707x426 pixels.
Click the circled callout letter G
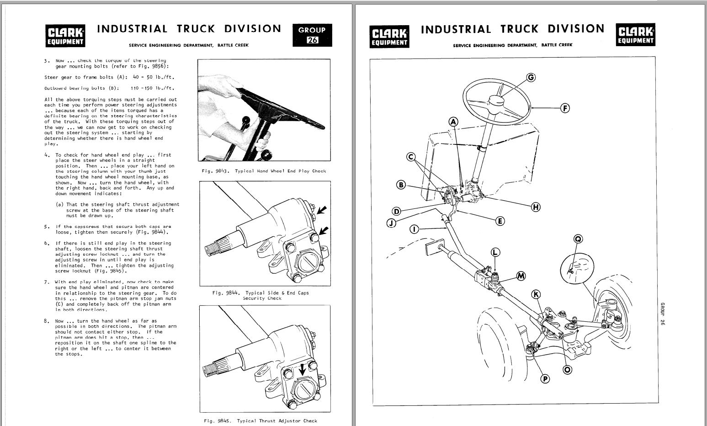pyautogui.click(x=531, y=77)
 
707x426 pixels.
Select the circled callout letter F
pyautogui.click(x=565, y=108)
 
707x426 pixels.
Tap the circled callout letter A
pyautogui.click(x=453, y=122)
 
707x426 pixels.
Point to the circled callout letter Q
pyautogui.click(x=578, y=239)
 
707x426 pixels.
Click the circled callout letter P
pyautogui.click(x=545, y=378)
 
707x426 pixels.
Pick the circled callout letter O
pyautogui.click(x=567, y=369)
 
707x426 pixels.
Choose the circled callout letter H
pyautogui.click(x=536, y=207)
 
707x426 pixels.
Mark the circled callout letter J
pyautogui.click(x=391, y=223)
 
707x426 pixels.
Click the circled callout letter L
pyautogui.click(x=495, y=252)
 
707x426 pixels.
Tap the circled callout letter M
pyautogui.click(x=521, y=276)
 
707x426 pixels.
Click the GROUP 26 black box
pyautogui.click(x=312, y=35)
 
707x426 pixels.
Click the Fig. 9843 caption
pyautogui.click(x=264, y=171)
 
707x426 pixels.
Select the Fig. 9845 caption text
pyautogui.click(x=260, y=421)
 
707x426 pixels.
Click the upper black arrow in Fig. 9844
pyautogui.click(x=322, y=210)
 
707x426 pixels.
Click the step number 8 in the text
pyautogui.click(x=47, y=321)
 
